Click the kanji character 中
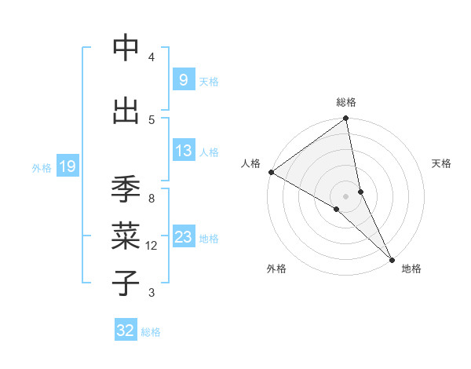coord(126,49)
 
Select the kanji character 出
coord(126,111)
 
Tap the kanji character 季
coord(126,189)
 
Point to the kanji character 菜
coord(126,236)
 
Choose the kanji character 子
coord(126,283)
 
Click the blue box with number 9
coord(183,79)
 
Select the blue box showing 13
coord(183,151)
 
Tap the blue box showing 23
coord(183,237)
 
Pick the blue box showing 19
coord(67,166)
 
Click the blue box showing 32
coord(126,331)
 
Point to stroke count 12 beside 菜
coord(152,246)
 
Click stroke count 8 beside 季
coord(152,199)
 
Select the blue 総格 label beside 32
coord(151,332)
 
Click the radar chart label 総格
coord(346,102)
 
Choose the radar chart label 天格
coord(442,163)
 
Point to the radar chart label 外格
coord(276,269)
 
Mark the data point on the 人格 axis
coord(271,172)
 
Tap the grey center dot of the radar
coord(345,195)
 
